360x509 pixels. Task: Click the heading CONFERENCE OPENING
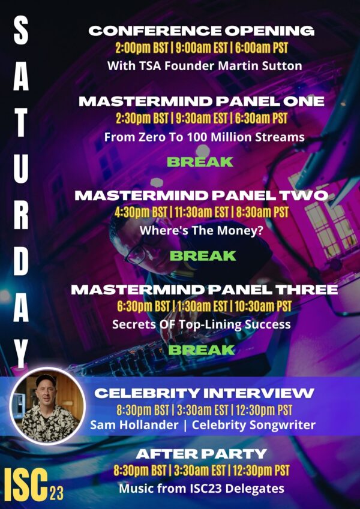[x=202, y=31]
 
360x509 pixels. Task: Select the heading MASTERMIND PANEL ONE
[x=202, y=101]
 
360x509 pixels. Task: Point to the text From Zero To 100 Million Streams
[x=205, y=137]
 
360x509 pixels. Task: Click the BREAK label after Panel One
[x=200, y=162]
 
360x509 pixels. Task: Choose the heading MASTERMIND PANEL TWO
[x=202, y=195]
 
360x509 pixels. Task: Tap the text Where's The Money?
[x=202, y=230]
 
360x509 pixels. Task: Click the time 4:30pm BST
[x=142, y=213]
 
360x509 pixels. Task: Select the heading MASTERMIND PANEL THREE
[x=205, y=290]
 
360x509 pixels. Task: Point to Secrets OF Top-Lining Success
[x=202, y=324]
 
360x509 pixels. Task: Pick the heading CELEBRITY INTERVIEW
[x=205, y=393]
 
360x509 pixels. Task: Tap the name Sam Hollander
[x=134, y=424]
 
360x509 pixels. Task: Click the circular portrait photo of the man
[x=47, y=406]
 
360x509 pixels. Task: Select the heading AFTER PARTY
[x=202, y=454]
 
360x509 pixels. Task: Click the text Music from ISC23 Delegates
[x=202, y=488]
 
